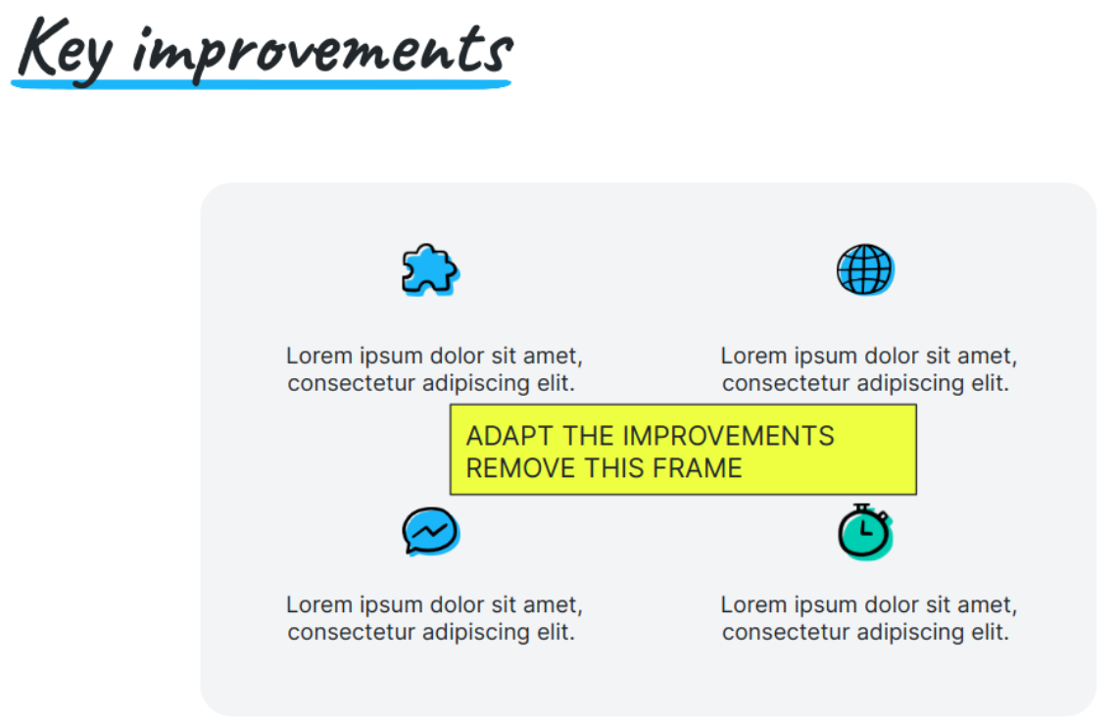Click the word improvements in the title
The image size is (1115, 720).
[322, 54]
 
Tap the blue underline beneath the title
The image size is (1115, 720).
[261, 84]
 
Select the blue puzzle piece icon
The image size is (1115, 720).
[430, 270]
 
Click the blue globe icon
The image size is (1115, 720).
[865, 269]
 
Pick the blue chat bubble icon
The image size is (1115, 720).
[431, 531]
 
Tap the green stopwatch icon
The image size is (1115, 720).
[865, 532]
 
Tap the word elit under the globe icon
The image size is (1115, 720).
[990, 383]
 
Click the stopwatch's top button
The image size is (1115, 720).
[862, 506]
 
